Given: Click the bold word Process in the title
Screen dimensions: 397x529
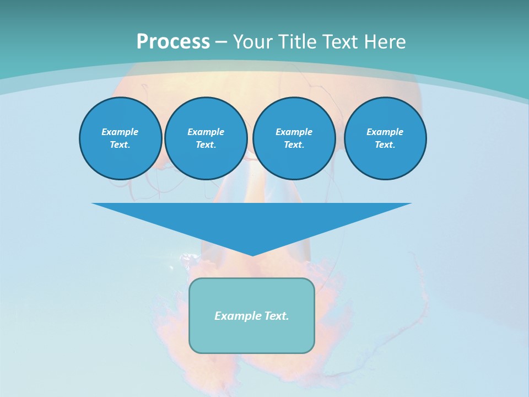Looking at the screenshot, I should [173, 42].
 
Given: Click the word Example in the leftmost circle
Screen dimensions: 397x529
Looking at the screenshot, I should [120, 132].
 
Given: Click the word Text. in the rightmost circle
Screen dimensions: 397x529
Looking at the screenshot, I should [385, 145].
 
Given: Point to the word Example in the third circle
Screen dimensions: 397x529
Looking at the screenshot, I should [294, 132].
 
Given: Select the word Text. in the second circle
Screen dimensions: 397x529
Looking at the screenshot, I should [206, 145].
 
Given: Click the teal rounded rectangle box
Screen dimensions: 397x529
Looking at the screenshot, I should [252, 336].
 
